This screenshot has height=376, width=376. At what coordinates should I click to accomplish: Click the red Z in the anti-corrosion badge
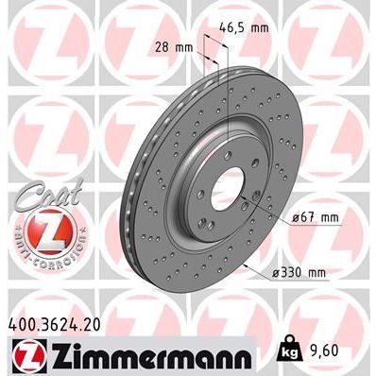click(x=40, y=227)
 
